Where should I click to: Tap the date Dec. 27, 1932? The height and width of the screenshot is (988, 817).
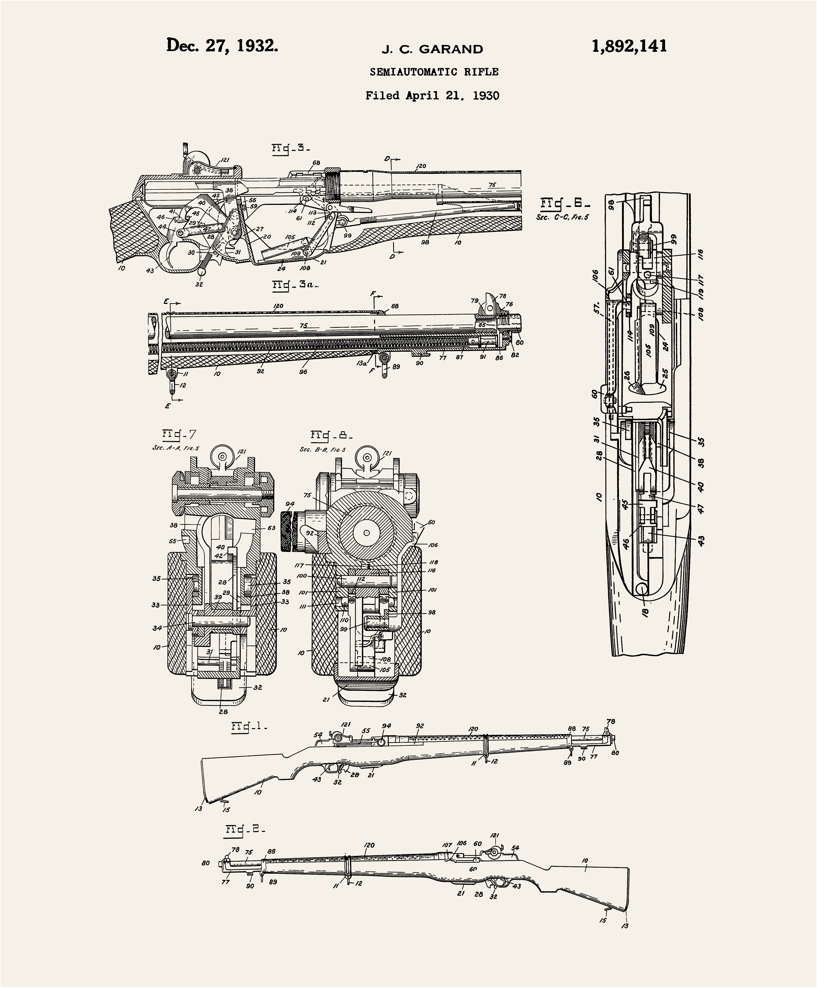pos(222,46)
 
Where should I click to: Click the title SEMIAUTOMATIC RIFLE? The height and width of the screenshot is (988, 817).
pos(434,72)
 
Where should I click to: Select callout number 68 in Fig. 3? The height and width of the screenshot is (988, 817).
pos(316,163)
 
